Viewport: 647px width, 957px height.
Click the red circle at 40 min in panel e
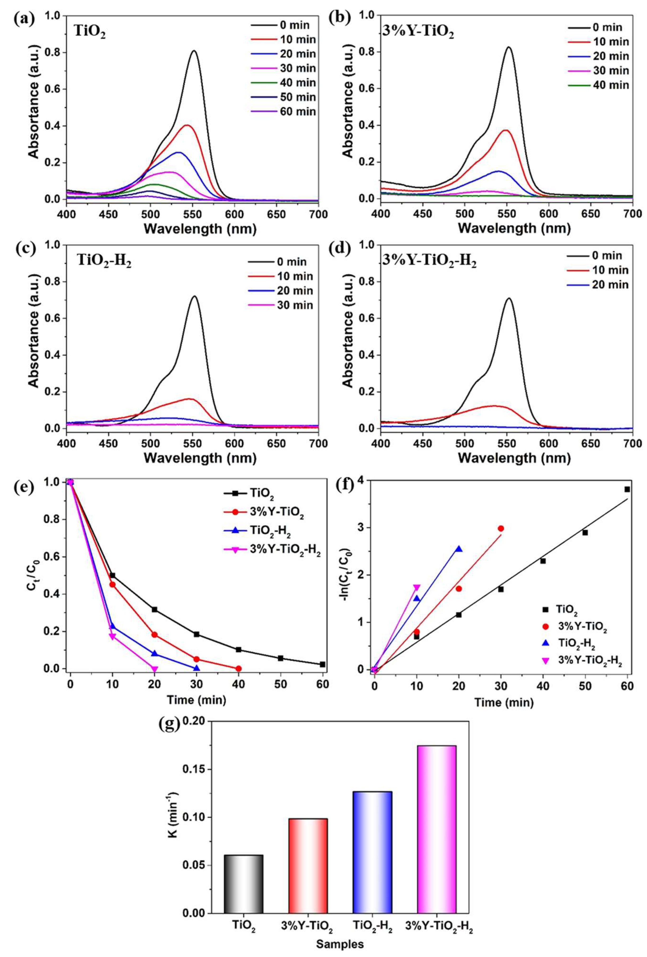[x=238, y=668]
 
